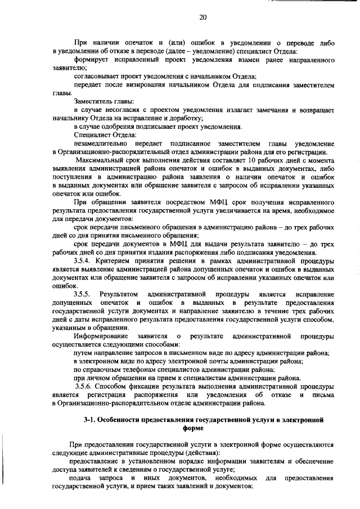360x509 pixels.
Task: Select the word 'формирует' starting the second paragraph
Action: pyautogui.click(x=91, y=59)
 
